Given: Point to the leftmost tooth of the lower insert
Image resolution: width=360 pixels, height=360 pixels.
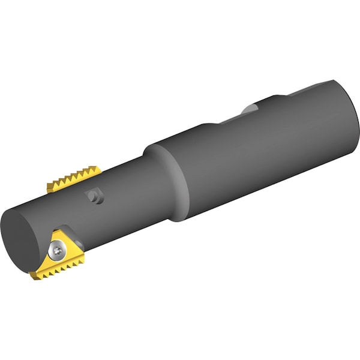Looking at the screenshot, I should tap(32, 276).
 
